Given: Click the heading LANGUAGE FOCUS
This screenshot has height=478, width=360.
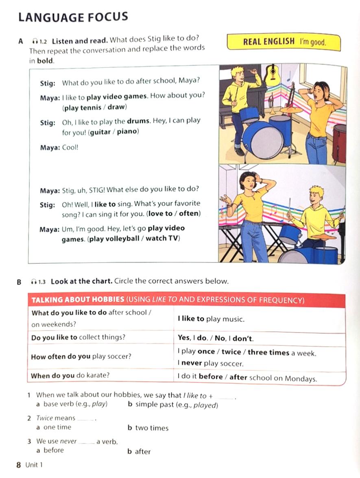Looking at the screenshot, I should tap(73, 17).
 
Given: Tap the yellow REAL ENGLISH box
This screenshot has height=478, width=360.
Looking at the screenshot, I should tap(284, 42).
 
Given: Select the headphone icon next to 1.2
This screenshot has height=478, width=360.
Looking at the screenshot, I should tap(35, 41).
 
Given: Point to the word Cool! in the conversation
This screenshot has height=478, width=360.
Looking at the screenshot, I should tap(70, 148).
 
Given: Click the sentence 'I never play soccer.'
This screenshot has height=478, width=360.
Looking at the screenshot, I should tap(210, 364).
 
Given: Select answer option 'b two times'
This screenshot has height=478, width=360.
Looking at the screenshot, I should tap(148, 428).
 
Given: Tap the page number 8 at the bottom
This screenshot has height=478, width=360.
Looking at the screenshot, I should tap(19, 465).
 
